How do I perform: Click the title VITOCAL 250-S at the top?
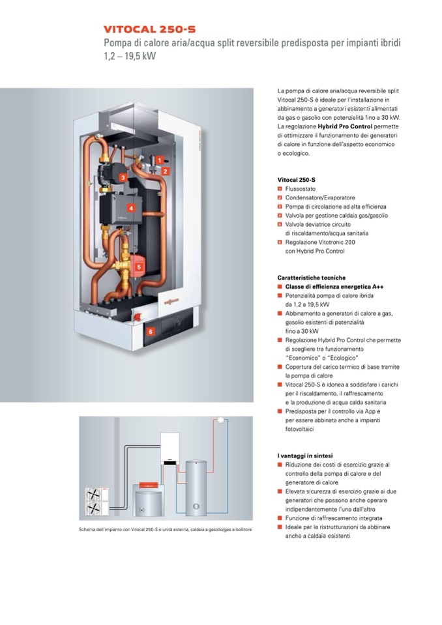(x=149, y=29)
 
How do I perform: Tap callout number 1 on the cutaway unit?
(x=159, y=160)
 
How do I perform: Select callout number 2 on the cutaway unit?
(x=166, y=171)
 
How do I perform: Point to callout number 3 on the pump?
(x=123, y=177)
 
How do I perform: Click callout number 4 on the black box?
(x=131, y=209)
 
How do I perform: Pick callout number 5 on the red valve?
(x=138, y=266)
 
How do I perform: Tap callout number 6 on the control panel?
(x=151, y=331)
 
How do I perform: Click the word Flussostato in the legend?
(x=301, y=188)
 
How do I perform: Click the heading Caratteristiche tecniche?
(x=311, y=278)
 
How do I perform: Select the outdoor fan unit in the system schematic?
(x=93, y=503)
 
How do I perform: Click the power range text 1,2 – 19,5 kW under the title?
(x=130, y=56)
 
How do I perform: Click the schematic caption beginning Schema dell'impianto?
(x=165, y=529)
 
